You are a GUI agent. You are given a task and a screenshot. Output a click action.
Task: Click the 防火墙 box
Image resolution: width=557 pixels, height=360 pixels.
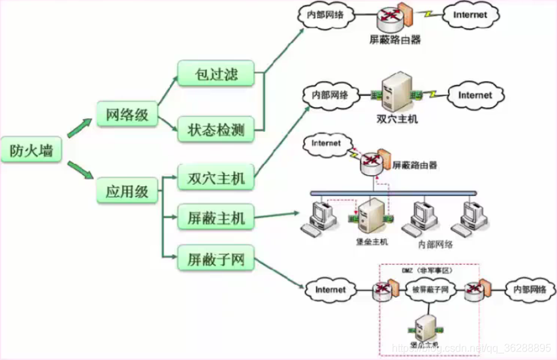31,151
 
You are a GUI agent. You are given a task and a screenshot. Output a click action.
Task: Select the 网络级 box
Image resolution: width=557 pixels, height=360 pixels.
127,115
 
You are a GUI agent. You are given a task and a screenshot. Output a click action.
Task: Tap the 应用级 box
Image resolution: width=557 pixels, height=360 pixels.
127,192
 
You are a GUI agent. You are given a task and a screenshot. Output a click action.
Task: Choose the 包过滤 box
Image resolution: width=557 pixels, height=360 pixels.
215,73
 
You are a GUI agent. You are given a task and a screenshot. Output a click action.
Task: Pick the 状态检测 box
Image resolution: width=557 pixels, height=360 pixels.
215,130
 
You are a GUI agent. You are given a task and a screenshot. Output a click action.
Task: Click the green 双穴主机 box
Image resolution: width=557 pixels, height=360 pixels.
215,178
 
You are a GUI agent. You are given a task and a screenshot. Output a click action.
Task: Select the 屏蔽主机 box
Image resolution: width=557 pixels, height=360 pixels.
215,218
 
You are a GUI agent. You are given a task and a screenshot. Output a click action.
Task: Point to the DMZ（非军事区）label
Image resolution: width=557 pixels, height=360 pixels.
425,270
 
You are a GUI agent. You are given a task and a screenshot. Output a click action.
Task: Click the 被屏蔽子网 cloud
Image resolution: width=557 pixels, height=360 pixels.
428,288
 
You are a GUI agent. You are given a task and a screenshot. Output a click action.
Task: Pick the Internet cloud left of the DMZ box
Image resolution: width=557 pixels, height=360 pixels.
330,288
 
